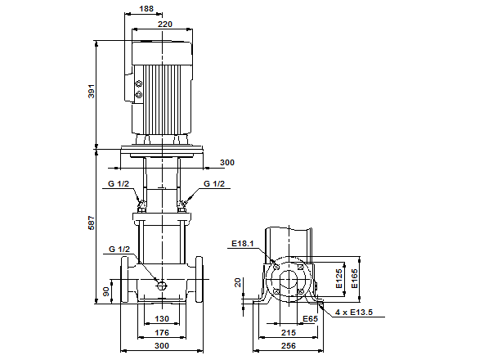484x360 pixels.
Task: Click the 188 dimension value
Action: pyautogui.click(x=146, y=9)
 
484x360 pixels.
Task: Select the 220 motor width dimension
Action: pyautogui.click(x=164, y=25)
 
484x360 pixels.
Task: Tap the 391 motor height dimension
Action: pyautogui.click(x=92, y=92)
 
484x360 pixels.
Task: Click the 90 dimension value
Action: pyautogui.click(x=105, y=290)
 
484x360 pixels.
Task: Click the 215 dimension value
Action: pyautogui.click(x=289, y=333)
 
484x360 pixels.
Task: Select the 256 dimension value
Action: pyautogui.click(x=289, y=347)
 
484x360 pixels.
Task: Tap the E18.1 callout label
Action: pyautogui.click(x=243, y=243)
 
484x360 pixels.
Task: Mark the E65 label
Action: pyautogui.click(x=311, y=317)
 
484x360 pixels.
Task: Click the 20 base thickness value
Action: pyautogui.click(x=238, y=282)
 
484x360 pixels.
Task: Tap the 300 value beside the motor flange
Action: pyautogui.click(x=226, y=162)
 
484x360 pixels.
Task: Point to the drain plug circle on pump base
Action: pyautogui.click(x=162, y=286)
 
